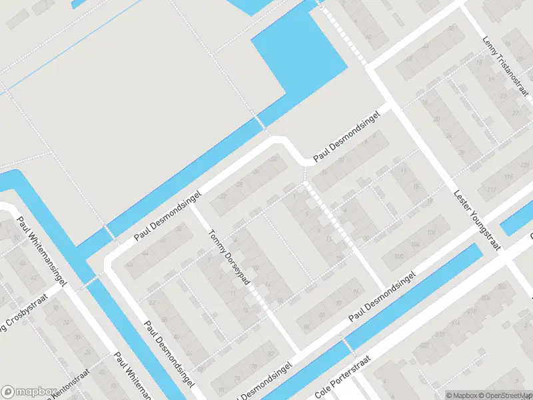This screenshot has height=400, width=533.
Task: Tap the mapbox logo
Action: tap(29, 391)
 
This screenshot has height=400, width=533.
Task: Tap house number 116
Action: tap(510, 177)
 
